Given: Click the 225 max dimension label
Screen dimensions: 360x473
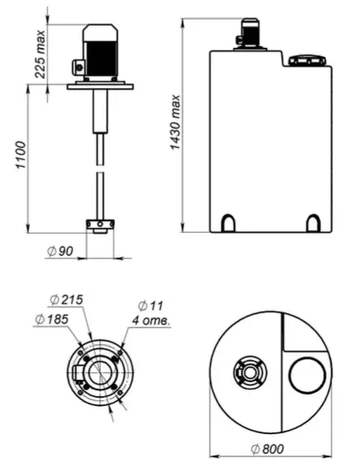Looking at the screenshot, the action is [x=40, y=54].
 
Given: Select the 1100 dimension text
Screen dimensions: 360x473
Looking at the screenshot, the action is [x=21, y=154].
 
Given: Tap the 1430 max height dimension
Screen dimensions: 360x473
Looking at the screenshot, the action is [x=175, y=122].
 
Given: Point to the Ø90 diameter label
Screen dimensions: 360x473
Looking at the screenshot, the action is [x=60, y=251].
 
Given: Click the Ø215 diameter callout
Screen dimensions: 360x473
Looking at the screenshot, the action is [x=66, y=300].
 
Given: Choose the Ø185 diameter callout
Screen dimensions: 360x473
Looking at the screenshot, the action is [x=52, y=319].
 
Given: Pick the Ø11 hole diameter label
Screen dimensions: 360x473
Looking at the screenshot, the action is [x=150, y=306].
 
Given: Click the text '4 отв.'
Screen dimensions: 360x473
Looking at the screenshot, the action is [x=151, y=320].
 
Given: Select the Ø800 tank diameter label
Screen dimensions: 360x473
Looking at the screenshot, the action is [x=268, y=449].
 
